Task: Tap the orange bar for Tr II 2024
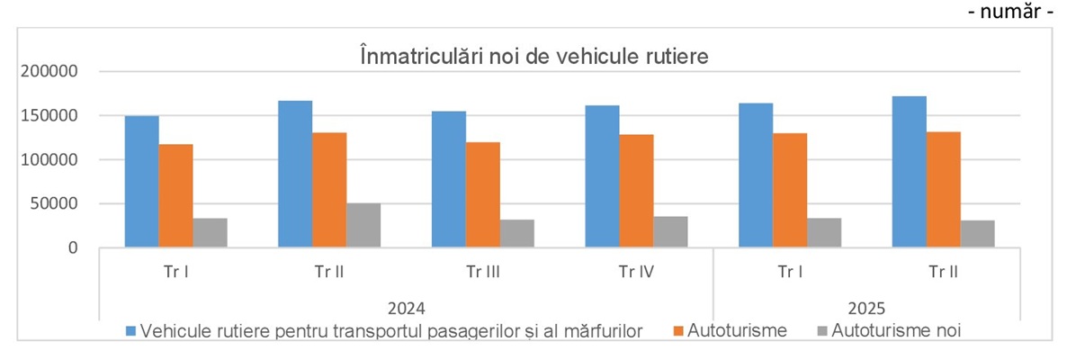pyautogui.click(x=329, y=190)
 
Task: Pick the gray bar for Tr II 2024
pyautogui.click(x=363, y=225)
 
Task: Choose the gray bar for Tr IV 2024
pyautogui.click(x=670, y=231)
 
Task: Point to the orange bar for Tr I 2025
pyautogui.click(x=789, y=190)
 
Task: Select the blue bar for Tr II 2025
pyautogui.click(x=909, y=172)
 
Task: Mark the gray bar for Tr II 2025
pyautogui.click(x=977, y=233)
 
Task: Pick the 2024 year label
pyautogui.click(x=407, y=305)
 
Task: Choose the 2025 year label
pyautogui.click(x=867, y=305)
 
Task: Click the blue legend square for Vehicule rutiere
pyautogui.click(x=132, y=330)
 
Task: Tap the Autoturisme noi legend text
pyautogui.click(x=896, y=330)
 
